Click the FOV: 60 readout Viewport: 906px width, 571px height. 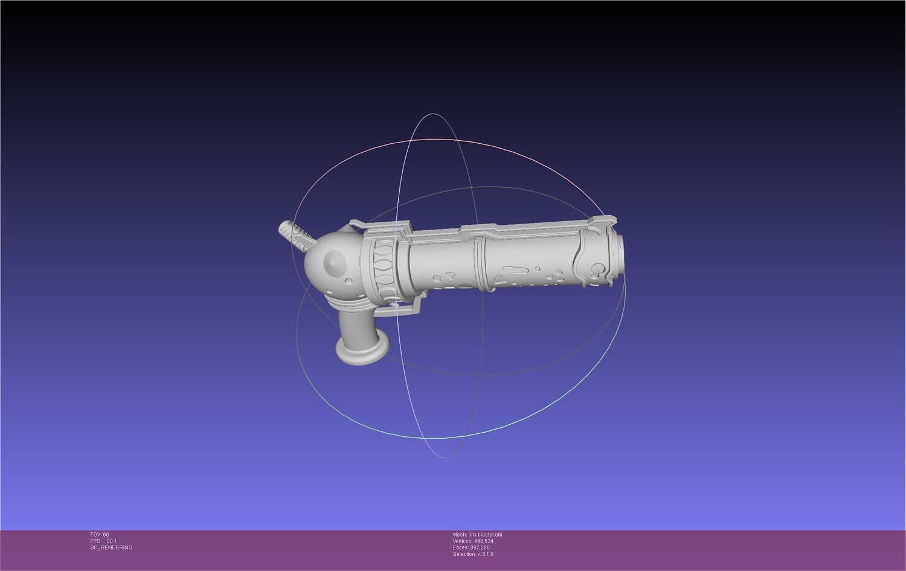(100, 535)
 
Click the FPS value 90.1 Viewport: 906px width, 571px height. (112, 541)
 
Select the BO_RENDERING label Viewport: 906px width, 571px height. (111, 547)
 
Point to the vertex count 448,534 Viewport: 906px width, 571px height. (484, 541)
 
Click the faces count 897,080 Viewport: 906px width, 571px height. (480, 547)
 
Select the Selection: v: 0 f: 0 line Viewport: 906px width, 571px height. (473, 554)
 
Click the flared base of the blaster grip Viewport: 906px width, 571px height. (363, 349)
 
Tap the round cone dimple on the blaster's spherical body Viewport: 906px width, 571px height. (335, 263)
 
